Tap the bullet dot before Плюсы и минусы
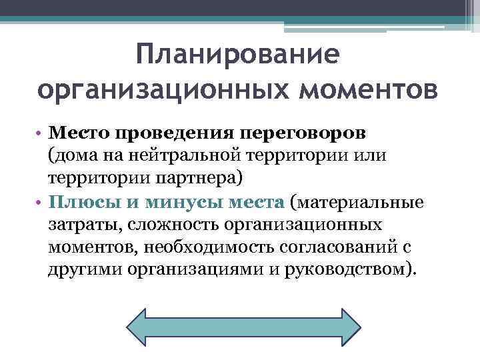pos(41,202)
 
